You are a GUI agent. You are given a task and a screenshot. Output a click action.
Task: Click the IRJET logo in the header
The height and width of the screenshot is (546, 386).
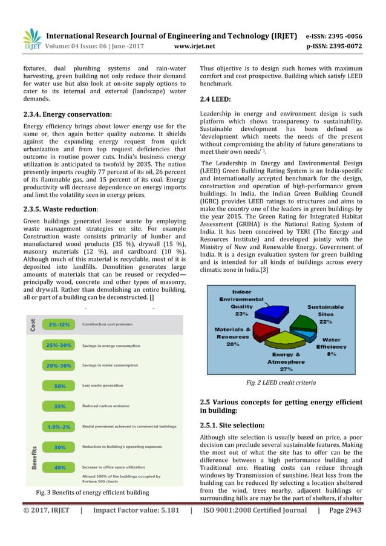pos(31,38)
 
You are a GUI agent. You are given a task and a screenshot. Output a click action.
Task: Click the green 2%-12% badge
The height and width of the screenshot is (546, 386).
pos(62,324)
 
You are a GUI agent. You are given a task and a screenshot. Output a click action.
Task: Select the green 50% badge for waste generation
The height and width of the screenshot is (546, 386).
pos(61,386)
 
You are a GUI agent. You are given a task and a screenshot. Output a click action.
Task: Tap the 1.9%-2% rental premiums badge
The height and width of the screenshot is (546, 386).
pos(62,427)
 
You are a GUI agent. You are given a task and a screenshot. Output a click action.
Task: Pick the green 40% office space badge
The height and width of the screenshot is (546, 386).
pos(61,467)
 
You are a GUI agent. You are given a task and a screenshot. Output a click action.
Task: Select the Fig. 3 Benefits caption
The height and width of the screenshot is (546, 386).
pos(93,492)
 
